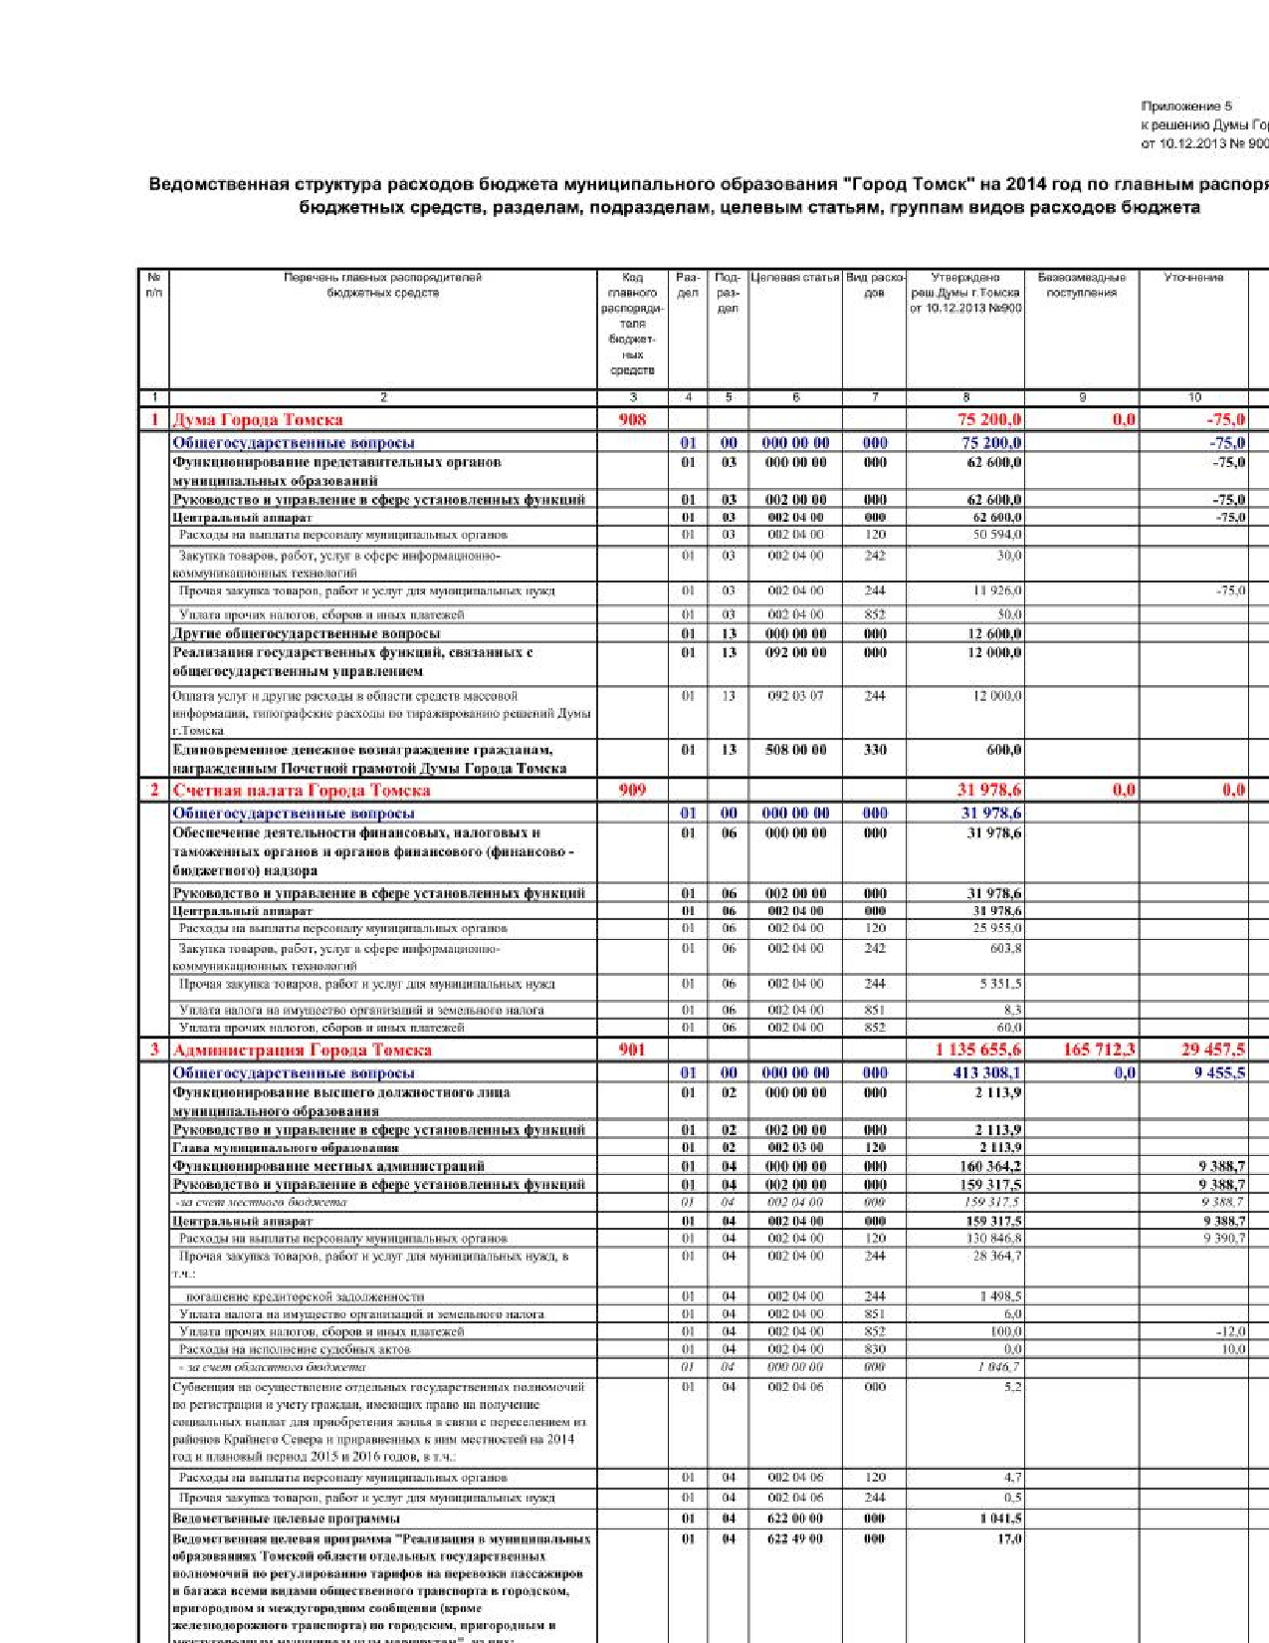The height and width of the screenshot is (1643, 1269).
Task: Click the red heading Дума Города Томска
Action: pyautogui.click(x=258, y=420)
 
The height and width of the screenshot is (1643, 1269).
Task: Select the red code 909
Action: pyautogui.click(x=632, y=790)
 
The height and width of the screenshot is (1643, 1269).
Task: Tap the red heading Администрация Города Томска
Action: pyautogui.click(x=303, y=1050)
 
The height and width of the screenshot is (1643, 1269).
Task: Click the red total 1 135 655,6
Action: pyautogui.click(x=977, y=1050)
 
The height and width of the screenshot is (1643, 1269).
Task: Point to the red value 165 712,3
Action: pyautogui.click(x=1099, y=1050)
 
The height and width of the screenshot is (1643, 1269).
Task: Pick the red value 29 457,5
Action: pyautogui.click(x=1212, y=1050)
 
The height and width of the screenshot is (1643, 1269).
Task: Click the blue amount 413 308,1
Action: pyautogui.click(x=986, y=1072)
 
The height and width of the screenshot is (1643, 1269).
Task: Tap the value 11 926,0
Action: pyautogui.click(x=996, y=590)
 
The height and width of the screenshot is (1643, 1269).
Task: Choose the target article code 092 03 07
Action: pyautogui.click(x=795, y=696)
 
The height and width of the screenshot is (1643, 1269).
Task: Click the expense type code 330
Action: pyautogui.click(x=875, y=750)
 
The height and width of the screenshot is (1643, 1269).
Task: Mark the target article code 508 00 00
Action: pyautogui.click(x=795, y=750)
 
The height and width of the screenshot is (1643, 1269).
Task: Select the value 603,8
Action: pyautogui.click(x=1005, y=948)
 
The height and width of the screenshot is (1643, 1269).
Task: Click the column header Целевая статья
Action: pyautogui.click(x=795, y=278)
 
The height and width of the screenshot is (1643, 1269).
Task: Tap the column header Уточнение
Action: pyautogui.click(x=1193, y=278)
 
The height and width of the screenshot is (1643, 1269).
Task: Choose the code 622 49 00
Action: pyautogui.click(x=795, y=1538)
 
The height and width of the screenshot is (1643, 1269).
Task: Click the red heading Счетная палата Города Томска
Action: pyautogui.click(x=302, y=790)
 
